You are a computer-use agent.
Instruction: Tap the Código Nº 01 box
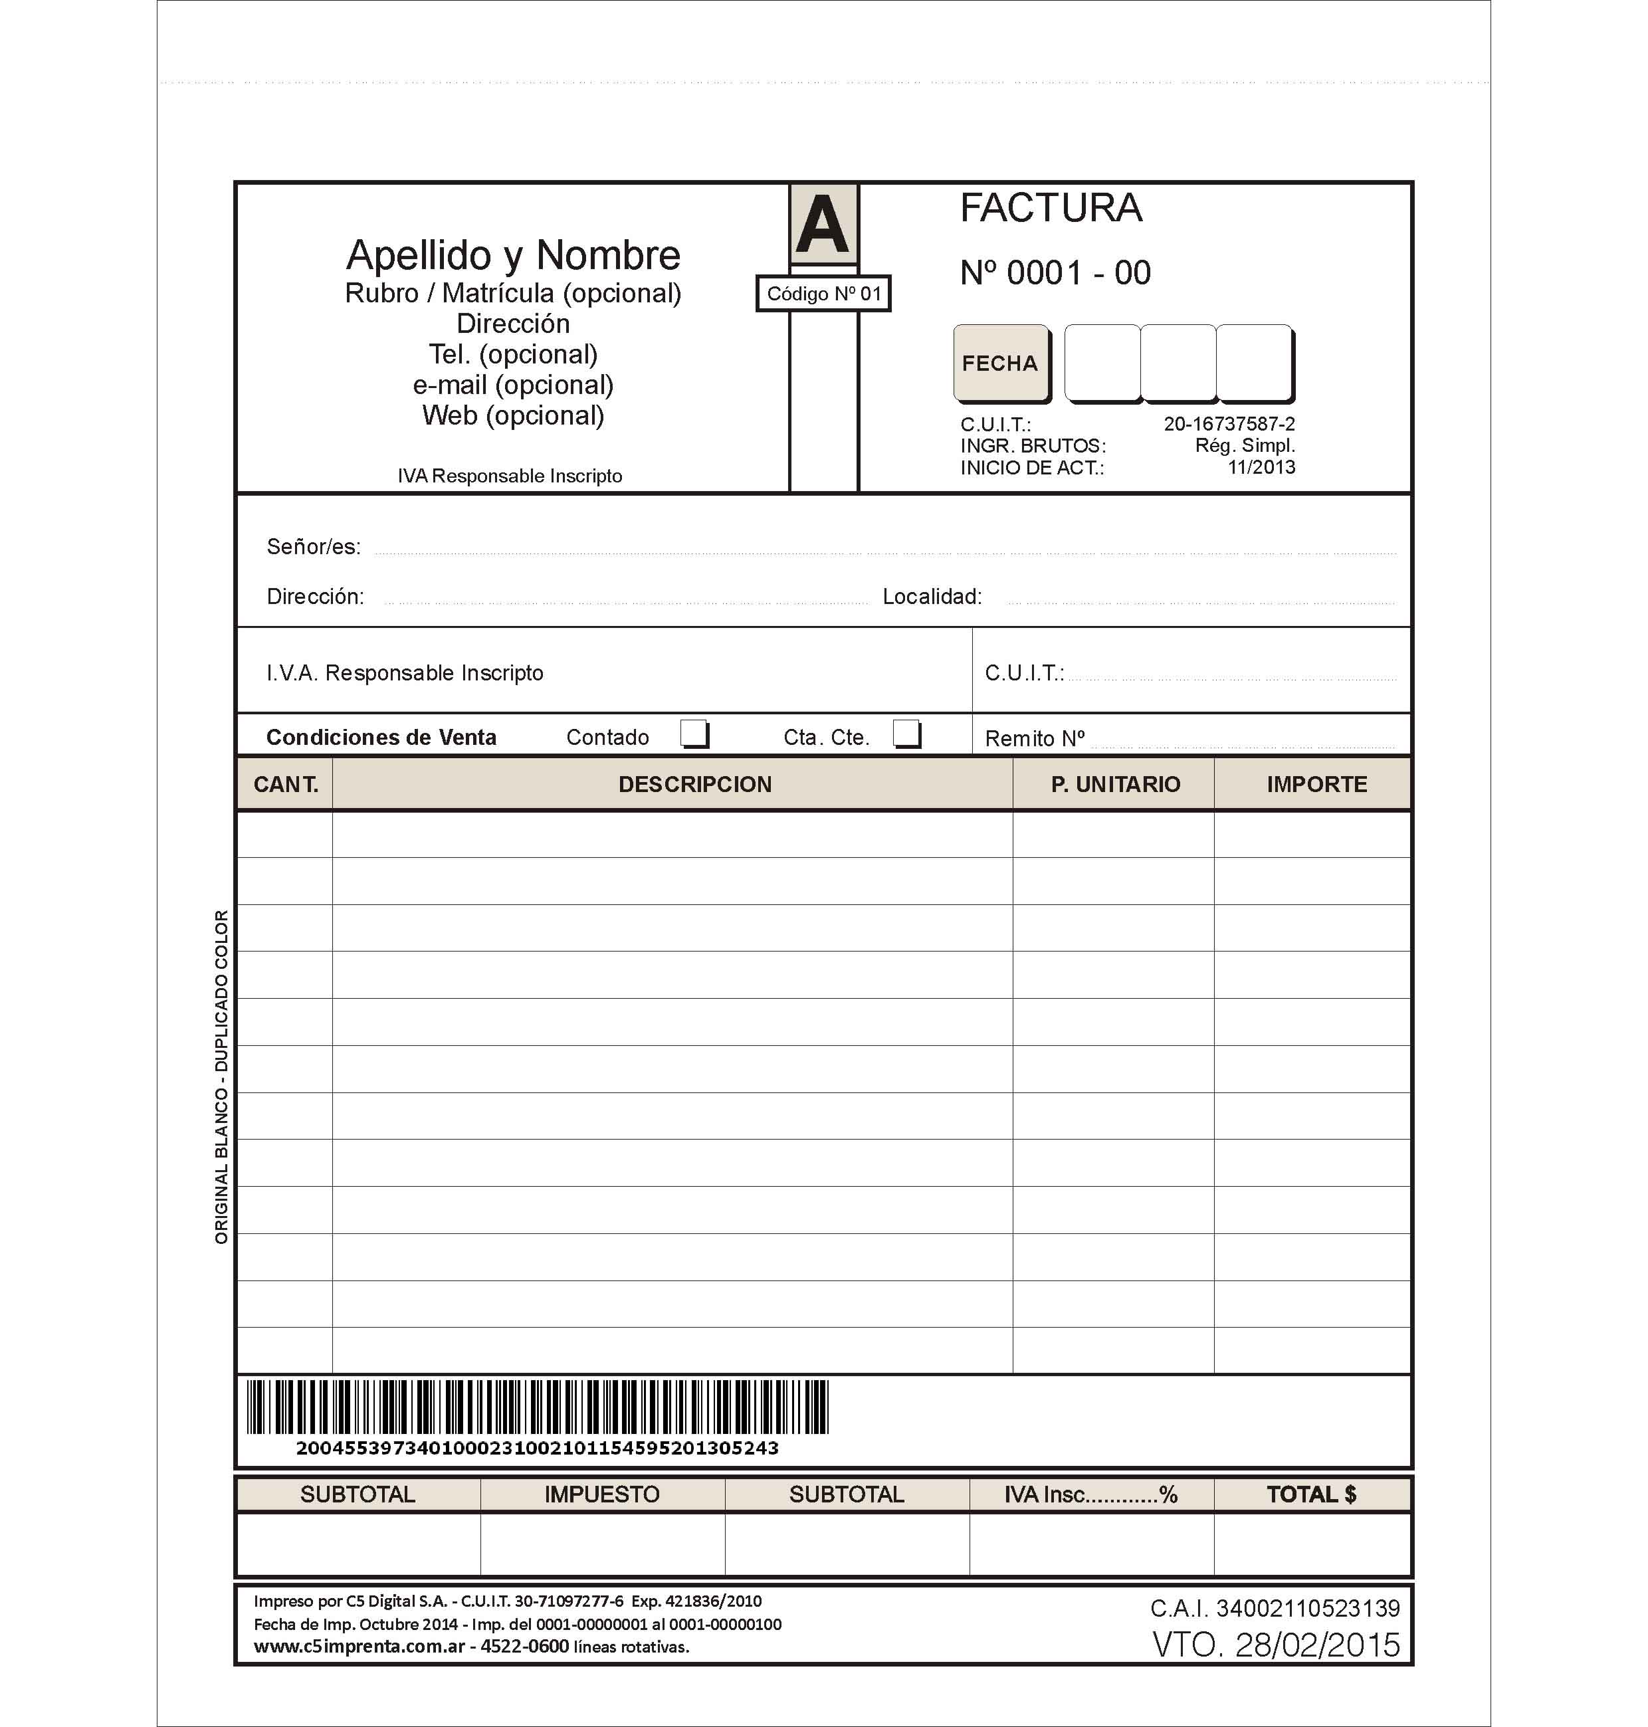(823, 294)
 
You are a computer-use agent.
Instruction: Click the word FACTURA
(1051, 208)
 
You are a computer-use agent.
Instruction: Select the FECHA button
(999, 363)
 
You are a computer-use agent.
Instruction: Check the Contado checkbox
(694, 734)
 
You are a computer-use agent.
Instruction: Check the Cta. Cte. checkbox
(906, 734)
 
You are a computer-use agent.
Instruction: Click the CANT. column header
(286, 785)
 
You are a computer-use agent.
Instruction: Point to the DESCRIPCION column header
(695, 785)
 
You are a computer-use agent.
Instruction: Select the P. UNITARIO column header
(1116, 785)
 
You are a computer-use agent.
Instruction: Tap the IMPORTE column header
(1316, 785)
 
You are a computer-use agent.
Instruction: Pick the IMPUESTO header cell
(602, 1494)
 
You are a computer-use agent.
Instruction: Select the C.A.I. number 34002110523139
(1275, 1609)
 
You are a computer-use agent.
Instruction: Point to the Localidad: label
(932, 597)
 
